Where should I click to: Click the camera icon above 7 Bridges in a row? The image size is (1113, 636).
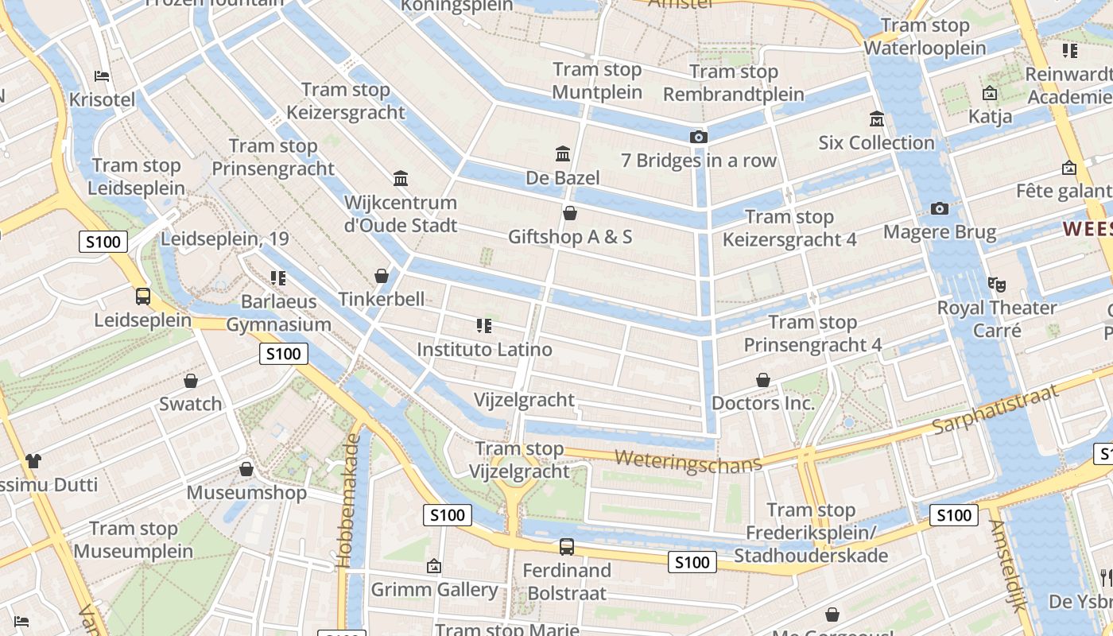[x=698, y=137]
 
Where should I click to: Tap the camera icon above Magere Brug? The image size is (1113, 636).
[x=940, y=208]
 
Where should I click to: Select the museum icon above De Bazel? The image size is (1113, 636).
[x=563, y=153]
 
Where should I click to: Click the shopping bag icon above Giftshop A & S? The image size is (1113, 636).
[x=569, y=213]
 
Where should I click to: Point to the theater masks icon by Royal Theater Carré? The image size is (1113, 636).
[x=996, y=283]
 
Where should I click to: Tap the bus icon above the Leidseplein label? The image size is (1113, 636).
[x=143, y=297]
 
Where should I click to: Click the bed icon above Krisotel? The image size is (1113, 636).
[x=102, y=76]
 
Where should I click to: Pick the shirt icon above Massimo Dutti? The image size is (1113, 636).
[x=33, y=460]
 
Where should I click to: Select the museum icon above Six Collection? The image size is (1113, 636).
[x=877, y=119]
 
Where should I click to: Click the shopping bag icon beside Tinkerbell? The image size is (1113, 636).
[x=382, y=276]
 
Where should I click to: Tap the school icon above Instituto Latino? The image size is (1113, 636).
[x=483, y=325]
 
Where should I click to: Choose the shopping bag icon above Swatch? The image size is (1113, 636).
[x=190, y=381]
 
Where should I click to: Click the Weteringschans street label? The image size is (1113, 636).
[x=688, y=460]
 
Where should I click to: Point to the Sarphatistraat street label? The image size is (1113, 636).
[x=995, y=409]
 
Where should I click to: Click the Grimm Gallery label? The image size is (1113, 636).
[x=434, y=589]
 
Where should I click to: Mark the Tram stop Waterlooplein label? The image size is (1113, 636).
[x=925, y=37]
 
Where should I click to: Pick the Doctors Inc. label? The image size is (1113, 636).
[x=763, y=403]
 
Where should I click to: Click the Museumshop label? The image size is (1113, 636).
[x=246, y=492]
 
